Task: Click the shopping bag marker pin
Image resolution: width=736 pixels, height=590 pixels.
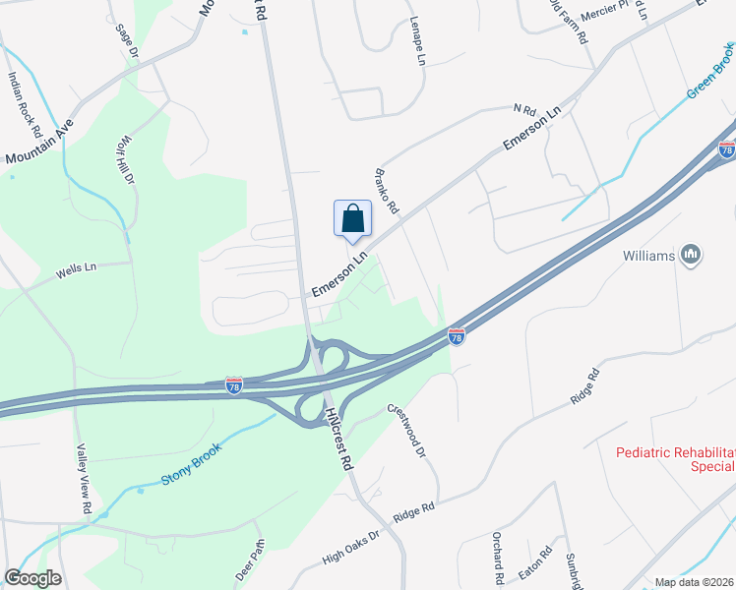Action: (353, 219)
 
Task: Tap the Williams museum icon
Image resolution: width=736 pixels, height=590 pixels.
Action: (691, 256)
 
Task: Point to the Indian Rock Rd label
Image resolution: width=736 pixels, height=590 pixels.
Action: (26, 103)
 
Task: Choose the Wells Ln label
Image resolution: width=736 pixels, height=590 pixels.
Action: (77, 266)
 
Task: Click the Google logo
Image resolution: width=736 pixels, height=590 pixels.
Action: (32, 578)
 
